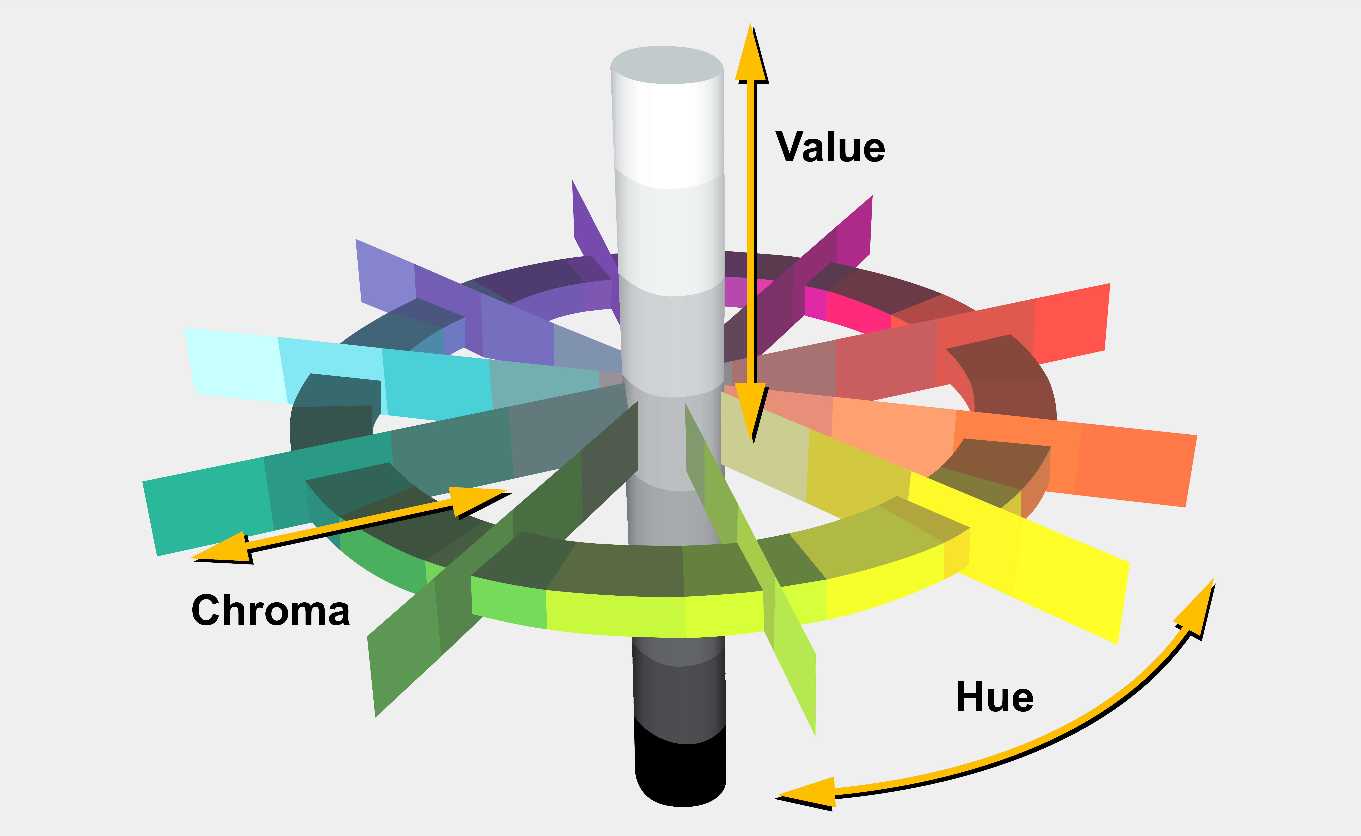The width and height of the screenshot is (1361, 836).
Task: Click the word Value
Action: pos(830,147)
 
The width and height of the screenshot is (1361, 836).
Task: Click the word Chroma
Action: pos(270,610)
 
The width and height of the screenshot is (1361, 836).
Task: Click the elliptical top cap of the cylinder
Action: pos(667,65)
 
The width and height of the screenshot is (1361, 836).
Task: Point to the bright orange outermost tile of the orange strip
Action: pos(1134,467)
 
